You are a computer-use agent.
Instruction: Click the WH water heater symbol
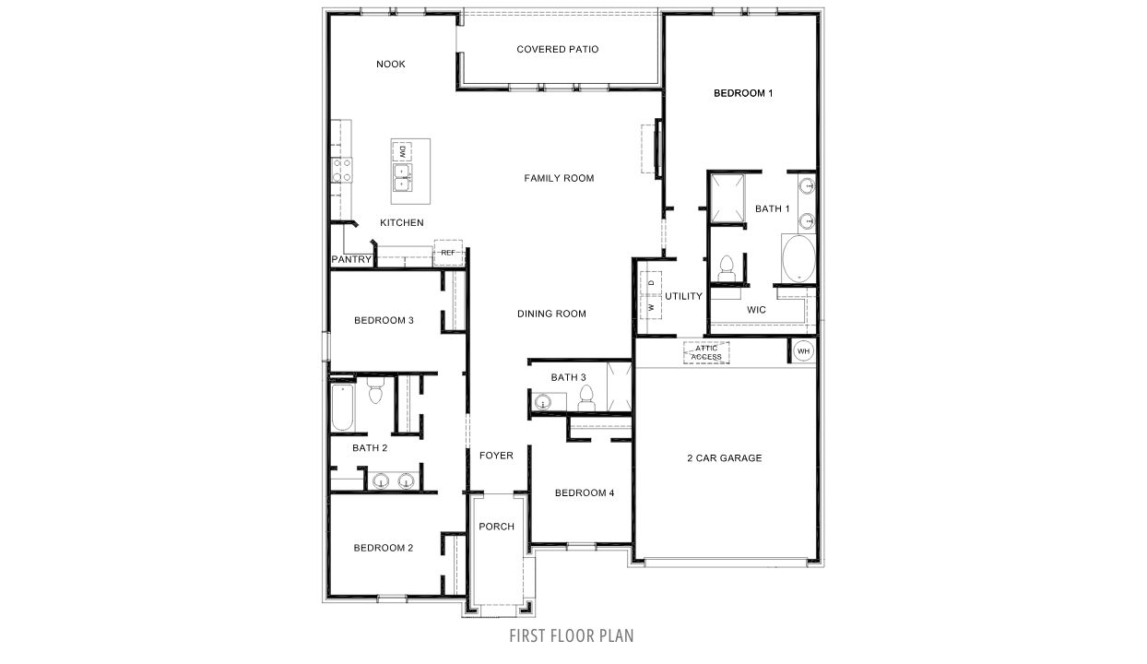click(802, 350)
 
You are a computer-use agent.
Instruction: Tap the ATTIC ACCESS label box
click(706, 352)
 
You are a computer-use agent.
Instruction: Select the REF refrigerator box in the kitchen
click(448, 253)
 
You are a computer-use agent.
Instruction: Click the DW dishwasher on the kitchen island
click(403, 151)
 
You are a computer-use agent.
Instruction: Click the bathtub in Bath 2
click(341, 409)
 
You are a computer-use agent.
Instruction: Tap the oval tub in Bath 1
click(797, 257)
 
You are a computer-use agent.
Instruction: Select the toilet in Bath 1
click(725, 267)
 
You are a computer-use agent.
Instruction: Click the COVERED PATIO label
click(557, 49)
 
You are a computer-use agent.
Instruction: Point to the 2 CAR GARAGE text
click(724, 457)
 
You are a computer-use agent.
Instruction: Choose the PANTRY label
click(351, 260)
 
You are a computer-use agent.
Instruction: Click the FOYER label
click(496, 456)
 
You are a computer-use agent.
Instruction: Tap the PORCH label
click(496, 527)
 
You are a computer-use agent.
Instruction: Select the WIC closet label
click(756, 310)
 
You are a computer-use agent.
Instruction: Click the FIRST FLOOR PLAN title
click(572, 635)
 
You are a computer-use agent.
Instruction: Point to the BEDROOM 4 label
click(585, 492)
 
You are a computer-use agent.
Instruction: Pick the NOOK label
click(391, 65)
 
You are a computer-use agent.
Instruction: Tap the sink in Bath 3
click(543, 402)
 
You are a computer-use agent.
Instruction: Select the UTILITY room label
click(683, 296)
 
